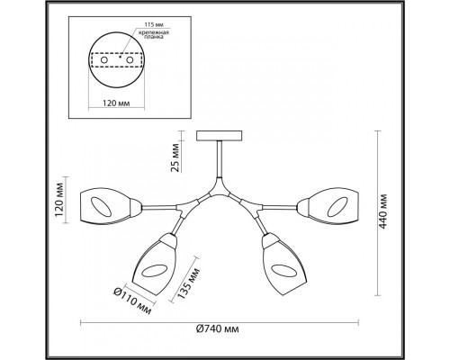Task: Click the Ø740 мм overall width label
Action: coord(218,329)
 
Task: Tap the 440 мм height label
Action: coord(382,211)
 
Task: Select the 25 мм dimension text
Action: coord(175,157)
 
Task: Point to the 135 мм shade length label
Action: coord(188,283)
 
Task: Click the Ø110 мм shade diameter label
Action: coord(132,301)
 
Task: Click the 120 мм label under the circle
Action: coord(116,103)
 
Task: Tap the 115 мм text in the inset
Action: coord(154,24)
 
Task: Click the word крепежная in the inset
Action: coord(154,32)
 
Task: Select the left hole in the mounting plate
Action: coord(104,60)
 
